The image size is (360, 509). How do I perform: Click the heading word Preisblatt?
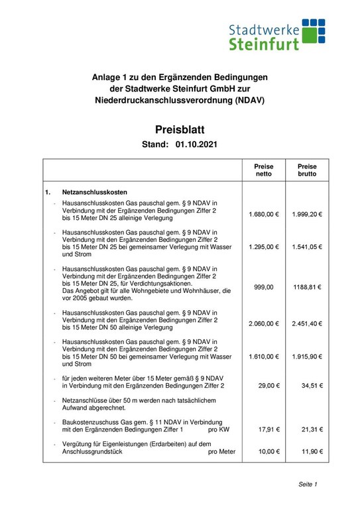pyautogui.click(x=180, y=129)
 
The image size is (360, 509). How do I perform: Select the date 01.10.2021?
pyautogui.click(x=197, y=144)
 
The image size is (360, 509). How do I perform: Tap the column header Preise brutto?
pyautogui.click(x=307, y=170)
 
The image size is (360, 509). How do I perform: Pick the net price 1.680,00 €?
pyautogui.click(x=264, y=215)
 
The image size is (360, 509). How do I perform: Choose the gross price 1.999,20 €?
pyautogui.click(x=307, y=215)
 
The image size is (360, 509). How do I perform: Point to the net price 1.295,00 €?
pyautogui.click(x=264, y=247)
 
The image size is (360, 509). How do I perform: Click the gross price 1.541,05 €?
pyautogui.click(x=307, y=247)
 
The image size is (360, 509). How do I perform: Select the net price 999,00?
pyautogui.click(x=264, y=287)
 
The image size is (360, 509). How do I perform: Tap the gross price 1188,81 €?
pyautogui.click(x=307, y=287)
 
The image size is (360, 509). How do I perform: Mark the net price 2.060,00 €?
pyautogui.click(x=264, y=323)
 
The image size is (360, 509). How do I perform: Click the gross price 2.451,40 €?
pyautogui.click(x=307, y=323)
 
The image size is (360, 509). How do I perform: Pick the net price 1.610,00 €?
pyautogui.click(x=264, y=357)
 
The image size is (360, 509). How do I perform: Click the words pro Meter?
pyautogui.click(x=221, y=451)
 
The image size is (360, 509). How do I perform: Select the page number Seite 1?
pyautogui.click(x=308, y=484)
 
